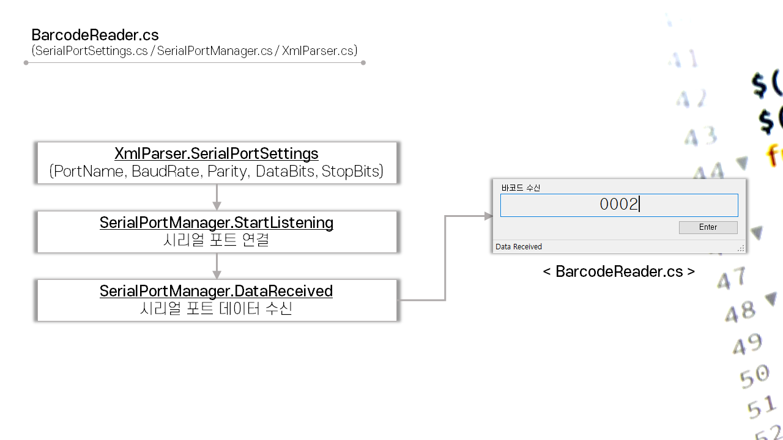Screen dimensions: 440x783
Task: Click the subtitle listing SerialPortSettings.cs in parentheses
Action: (195, 51)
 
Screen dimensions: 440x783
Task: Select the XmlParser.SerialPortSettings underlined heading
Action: (216, 153)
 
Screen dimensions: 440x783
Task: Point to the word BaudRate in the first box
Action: (167, 171)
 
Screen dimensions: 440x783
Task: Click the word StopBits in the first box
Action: (352, 171)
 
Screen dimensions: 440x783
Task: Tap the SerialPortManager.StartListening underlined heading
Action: (216, 222)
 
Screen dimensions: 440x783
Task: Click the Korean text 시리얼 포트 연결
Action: (216, 240)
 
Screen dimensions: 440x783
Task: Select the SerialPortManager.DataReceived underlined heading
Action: (216, 291)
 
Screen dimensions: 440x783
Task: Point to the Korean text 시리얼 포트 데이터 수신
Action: (216, 309)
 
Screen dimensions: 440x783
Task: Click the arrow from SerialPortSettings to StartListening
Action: (217, 197)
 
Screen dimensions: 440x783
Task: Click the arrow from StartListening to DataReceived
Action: (217, 266)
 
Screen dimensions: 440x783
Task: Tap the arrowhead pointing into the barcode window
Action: (488, 216)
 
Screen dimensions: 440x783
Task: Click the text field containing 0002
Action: (618, 205)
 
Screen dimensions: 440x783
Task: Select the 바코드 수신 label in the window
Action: (521, 188)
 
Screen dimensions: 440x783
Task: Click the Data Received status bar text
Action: (519, 247)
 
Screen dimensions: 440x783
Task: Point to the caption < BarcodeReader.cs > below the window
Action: (618, 271)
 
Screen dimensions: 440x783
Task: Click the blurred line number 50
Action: (754, 375)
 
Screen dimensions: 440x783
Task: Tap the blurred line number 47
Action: (732, 279)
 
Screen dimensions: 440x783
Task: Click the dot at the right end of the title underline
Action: (363, 62)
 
